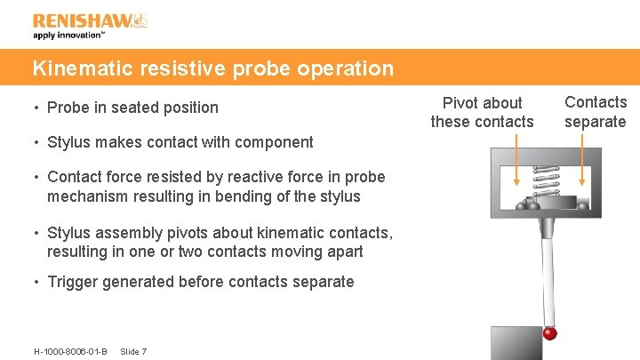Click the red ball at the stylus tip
pyautogui.click(x=550, y=333)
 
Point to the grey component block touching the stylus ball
pyautogui.click(x=516, y=343)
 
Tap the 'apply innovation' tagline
pyautogui.click(x=68, y=36)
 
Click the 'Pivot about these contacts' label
pyautogui.click(x=483, y=112)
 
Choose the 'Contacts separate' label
pyautogui.click(x=596, y=112)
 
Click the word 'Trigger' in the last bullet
pyautogui.click(x=72, y=282)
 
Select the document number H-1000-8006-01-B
pyautogui.click(x=70, y=352)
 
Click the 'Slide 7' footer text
pyautogui.click(x=133, y=352)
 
